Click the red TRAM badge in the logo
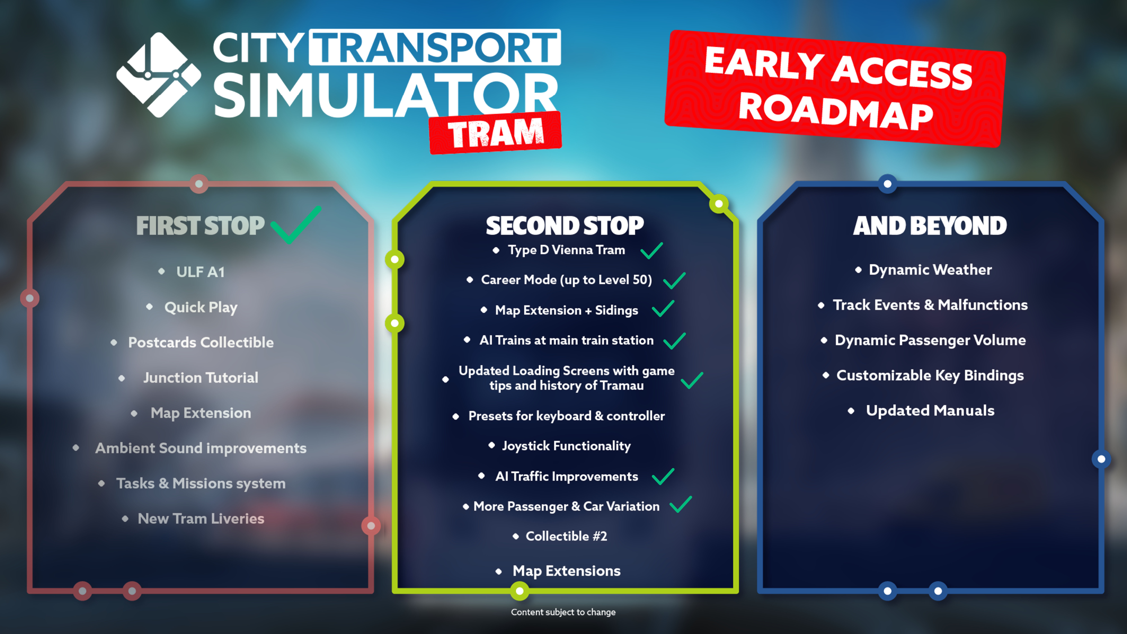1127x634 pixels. click(495, 133)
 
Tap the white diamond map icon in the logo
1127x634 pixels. click(158, 75)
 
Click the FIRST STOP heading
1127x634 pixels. click(200, 226)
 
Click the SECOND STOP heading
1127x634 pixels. click(564, 226)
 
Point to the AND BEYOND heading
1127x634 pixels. click(930, 226)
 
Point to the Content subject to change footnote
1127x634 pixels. click(563, 612)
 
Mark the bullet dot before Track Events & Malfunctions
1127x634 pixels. click(821, 305)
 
